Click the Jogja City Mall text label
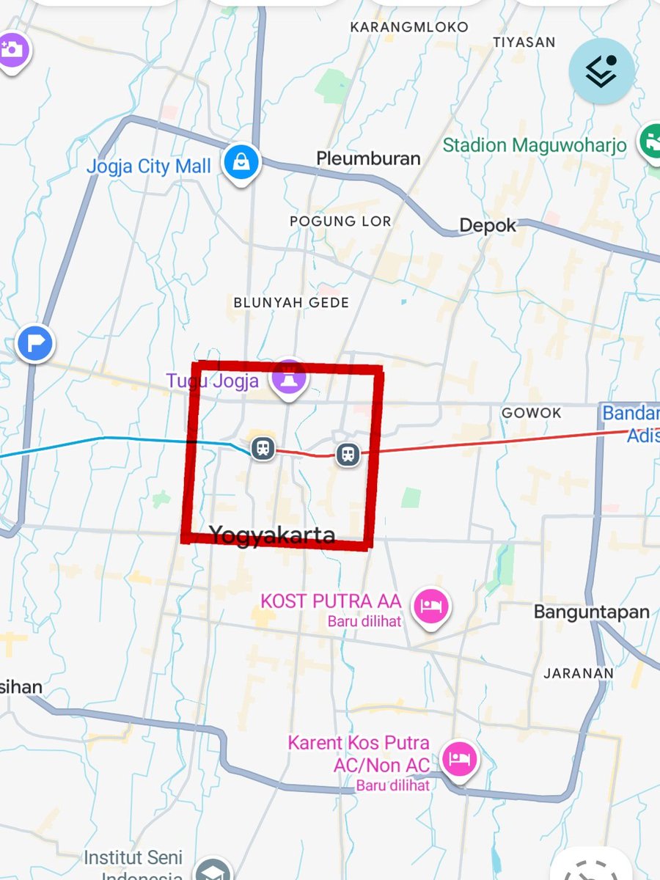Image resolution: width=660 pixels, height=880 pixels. point(148,166)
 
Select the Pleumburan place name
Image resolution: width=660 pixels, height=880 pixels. point(368,158)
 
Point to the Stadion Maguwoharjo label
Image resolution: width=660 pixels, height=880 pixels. point(535,144)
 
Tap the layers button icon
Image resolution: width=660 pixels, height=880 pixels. point(601,71)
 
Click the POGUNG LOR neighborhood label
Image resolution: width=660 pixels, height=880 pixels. point(340,221)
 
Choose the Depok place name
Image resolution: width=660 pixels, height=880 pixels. point(488,226)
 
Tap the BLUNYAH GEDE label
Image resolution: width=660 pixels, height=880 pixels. point(291,302)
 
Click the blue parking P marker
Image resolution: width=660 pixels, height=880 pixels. point(35,342)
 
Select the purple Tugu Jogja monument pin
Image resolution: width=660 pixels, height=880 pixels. point(290,378)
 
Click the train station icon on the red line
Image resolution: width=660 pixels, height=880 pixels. point(348,454)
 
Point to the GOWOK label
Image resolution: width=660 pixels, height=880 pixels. point(531,414)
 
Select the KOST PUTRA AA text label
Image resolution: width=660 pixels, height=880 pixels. point(331,602)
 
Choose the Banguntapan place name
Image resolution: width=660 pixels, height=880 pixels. point(591,612)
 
